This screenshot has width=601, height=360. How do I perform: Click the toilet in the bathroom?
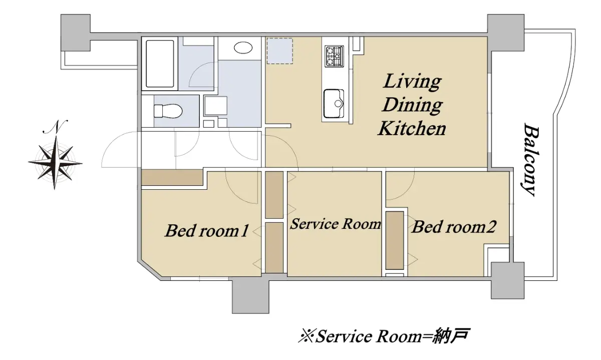pos(168,111)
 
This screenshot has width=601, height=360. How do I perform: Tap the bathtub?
pos(160,64)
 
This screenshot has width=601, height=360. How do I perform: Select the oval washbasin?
pos(243,48)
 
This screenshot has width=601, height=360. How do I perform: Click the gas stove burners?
pos(335,57)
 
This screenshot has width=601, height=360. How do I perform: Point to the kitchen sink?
pos(334,104)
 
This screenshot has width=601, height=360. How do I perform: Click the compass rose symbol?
pos(55,163)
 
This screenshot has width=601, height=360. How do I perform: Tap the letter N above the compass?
pos(55,127)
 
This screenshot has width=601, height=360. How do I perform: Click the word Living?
pos(412,82)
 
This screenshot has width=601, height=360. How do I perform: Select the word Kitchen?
pos(412,129)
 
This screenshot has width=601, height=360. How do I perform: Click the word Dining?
pos(412,105)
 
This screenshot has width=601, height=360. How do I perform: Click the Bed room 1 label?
pos(206,231)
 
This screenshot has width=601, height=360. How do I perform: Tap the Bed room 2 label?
pos(454,227)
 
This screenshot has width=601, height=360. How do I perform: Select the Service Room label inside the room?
pos(336,224)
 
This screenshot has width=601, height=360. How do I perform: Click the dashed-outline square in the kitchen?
pos(280,51)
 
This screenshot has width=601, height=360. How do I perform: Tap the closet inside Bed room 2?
pos(395,240)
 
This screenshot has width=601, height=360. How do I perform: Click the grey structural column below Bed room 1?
pos(250,295)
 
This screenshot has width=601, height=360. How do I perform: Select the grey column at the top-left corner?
pos(76,33)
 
